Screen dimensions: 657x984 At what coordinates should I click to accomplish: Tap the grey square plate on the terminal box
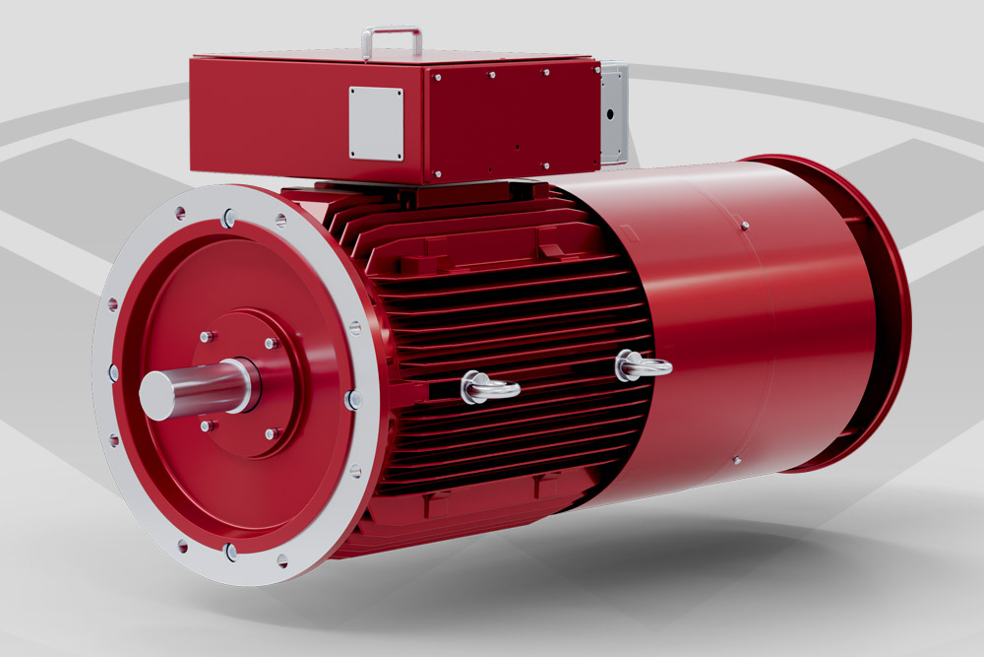tap(376, 123)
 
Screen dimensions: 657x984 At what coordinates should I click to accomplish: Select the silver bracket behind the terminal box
tap(613, 112)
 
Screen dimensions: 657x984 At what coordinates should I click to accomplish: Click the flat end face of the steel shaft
tap(154, 394)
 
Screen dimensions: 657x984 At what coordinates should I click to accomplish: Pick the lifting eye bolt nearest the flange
tap(486, 387)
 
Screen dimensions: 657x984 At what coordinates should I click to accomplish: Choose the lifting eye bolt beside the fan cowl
tap(641, 367)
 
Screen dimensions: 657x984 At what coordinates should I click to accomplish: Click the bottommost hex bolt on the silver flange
tap(229, 552)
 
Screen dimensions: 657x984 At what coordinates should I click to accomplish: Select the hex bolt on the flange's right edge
tap(353, 399)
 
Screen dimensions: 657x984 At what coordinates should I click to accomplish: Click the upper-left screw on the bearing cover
tap(207, 337)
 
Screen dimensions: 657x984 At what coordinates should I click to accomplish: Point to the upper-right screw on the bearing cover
tap(271, 344)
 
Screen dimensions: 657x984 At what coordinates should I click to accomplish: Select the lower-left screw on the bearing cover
tap(207, 426)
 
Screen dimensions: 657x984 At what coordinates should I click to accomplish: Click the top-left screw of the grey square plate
tap(355, 93)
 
